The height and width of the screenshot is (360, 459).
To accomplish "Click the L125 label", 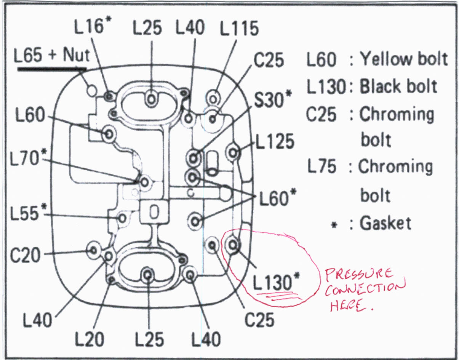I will (x=275, y=142).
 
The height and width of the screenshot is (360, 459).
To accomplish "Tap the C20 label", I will (x=25, y=256).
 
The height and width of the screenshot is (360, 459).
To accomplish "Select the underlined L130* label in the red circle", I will (x=277, y=282).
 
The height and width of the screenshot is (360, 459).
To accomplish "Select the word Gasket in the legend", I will (x=385, y=223).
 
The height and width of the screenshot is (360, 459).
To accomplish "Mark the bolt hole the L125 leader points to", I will (x=233, y=153).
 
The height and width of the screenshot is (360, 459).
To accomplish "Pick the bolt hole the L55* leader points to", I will (x=122, y=218).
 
